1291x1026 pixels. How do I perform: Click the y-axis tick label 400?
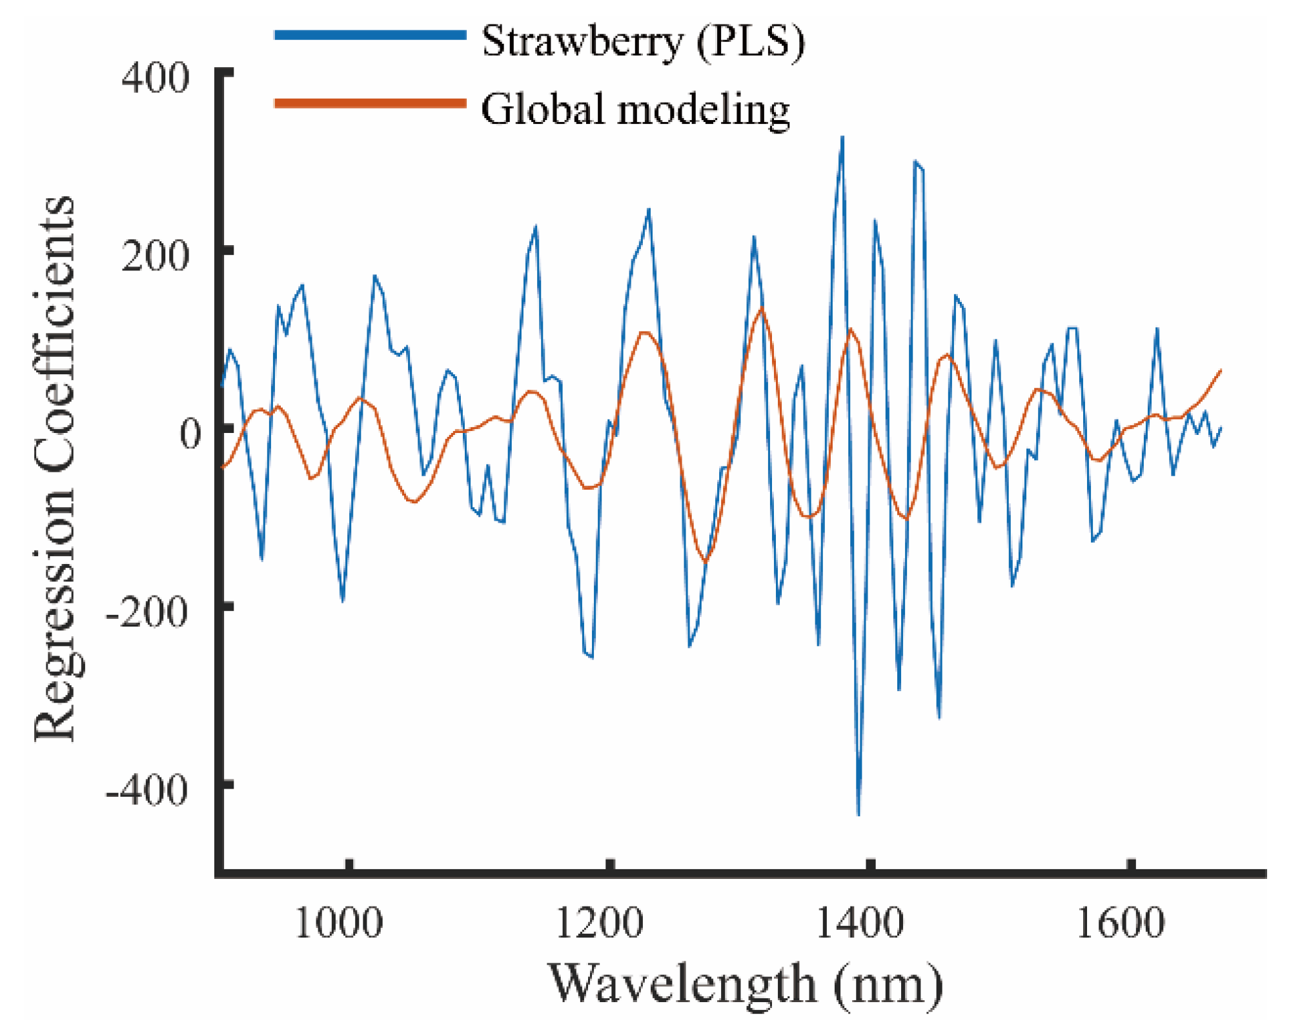[x=156, y=79]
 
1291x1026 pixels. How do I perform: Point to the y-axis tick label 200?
[x=156, y=256]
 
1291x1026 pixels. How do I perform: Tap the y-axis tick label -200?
[x=147, y=611]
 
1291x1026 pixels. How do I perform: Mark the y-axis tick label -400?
[x=147, y=789]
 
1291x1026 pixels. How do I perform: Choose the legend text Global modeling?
[x=635, y=109]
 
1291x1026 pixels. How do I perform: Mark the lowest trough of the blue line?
[x=858, y=815]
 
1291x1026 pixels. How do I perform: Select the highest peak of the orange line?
[x=762, y=308]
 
